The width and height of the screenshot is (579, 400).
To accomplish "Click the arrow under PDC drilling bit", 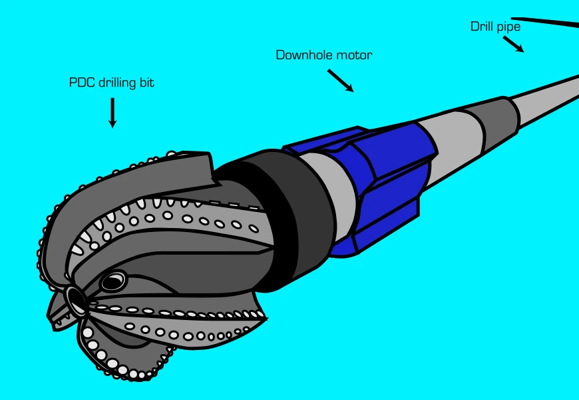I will (112, 113).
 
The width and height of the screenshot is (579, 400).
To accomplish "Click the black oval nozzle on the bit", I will (114, 282).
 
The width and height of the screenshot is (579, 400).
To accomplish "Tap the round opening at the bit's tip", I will (75, 301).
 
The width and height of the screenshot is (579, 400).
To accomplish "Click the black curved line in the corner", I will (546, 21).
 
